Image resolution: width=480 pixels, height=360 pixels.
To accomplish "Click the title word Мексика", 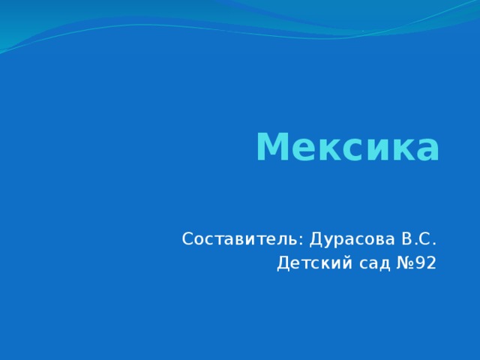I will tap(347, 147).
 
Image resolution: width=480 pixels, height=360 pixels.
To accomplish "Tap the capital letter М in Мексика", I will tap(271, 147).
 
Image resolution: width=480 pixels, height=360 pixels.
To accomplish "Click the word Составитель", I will tap(241, 240).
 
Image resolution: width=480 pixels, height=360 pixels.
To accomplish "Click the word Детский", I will tap(311, 264).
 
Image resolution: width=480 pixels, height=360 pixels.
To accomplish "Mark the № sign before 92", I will tap(399, 264).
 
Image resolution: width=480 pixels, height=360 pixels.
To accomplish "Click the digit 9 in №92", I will tap(419, 264).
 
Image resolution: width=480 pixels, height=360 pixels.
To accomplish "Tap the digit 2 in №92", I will tap(430, 264).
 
